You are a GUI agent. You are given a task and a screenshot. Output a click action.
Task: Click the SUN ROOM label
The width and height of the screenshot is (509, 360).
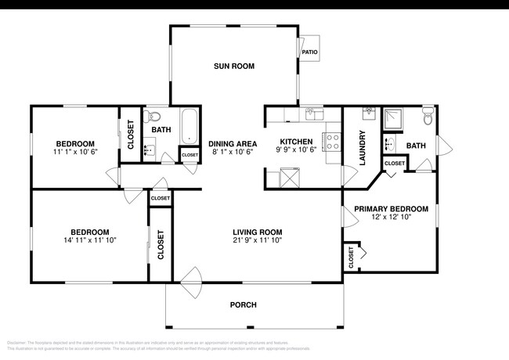click(x=234, y=67)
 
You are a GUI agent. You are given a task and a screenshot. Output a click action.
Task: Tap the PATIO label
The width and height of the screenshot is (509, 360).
click(x=309, y=52)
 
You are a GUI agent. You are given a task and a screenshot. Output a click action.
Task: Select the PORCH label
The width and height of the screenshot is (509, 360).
click(x=243, y=304)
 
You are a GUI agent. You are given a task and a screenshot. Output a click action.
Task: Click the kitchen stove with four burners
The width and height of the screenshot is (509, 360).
click(x=332, y=142)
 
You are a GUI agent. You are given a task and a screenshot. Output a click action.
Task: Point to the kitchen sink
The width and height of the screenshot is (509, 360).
click(x=310, y=115)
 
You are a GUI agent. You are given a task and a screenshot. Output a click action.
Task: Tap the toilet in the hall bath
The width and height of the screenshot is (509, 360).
click(x=153, y=118)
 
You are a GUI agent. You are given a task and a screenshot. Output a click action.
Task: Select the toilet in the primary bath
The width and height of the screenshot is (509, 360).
click(x=427, y=117)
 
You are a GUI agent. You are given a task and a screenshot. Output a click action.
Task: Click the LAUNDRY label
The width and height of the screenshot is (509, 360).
click(x=363, y=147)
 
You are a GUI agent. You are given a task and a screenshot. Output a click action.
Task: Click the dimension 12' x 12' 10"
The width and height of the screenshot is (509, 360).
click(x=391, y=219)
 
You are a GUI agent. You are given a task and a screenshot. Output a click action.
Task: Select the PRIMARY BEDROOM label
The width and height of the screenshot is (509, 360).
click(x=391, y=209)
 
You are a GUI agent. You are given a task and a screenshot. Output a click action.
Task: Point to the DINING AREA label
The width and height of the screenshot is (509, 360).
click(x=233, y=143)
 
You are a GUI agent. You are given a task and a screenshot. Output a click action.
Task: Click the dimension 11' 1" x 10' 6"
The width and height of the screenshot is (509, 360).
click(x=74, y=153)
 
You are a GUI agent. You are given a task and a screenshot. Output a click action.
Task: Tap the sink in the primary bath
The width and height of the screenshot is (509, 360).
click(x=389, y=143)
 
